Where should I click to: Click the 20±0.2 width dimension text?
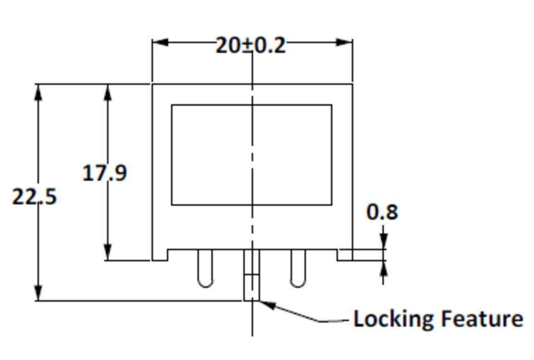click(251, 45)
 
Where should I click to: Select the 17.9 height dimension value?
click(105, 173)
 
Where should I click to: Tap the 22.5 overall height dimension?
click(34, 196)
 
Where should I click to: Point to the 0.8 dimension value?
click(383, 212)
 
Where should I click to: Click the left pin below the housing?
click(205, 268)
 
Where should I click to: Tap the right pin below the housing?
click(298, 268)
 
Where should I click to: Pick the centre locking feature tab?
click(252, 275)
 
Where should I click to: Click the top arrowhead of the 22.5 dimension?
click(38, 92)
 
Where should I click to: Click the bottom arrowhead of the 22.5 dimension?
click(38, 293)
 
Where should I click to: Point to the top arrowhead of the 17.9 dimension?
click(108, 92)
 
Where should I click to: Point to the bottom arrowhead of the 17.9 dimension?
click(108, 252)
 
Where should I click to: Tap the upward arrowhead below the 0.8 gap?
click(383, 268)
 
